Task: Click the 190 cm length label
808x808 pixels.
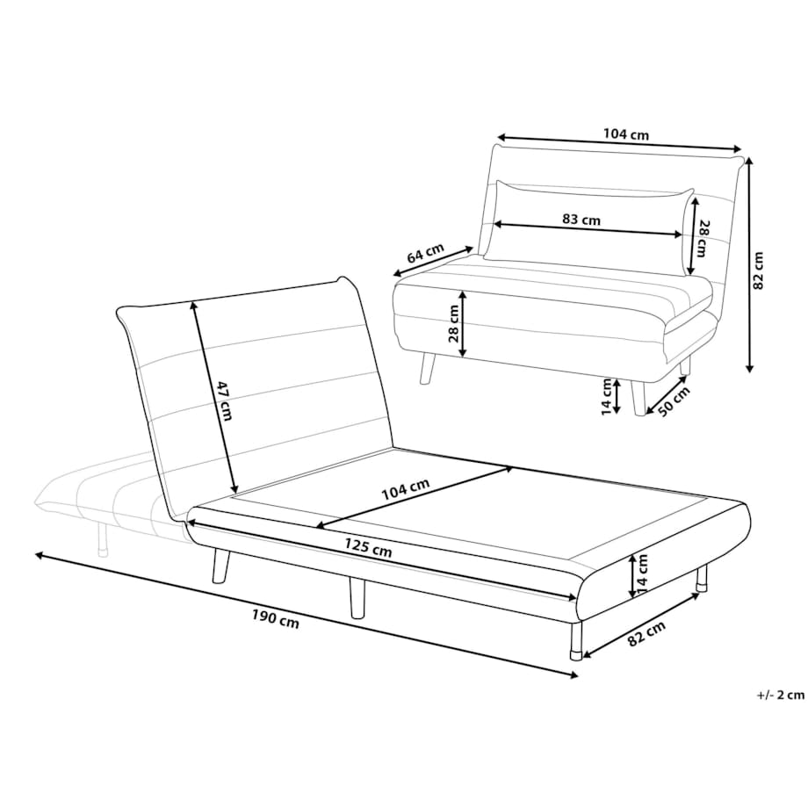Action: click(x=275, y=619)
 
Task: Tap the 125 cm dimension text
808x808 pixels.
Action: click(x=368, y=547)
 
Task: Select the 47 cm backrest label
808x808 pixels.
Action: click(x=224, y=400)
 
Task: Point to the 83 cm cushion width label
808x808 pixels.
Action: click(x=581, y=219)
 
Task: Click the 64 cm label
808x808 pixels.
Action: click(x=426, y=253)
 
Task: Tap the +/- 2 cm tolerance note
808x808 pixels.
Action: click(x=780, y=696)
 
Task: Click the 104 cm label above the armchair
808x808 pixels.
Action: click(x=626, y=134)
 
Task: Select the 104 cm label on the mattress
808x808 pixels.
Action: click(x=405, y=489)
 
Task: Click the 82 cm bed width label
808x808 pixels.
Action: click(x=646, y=633)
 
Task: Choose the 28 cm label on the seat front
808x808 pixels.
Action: click(x=453, y=323)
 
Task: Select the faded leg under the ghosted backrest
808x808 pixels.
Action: click(x=102, y=538)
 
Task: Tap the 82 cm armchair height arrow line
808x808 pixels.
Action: click(x=749, y=265)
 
